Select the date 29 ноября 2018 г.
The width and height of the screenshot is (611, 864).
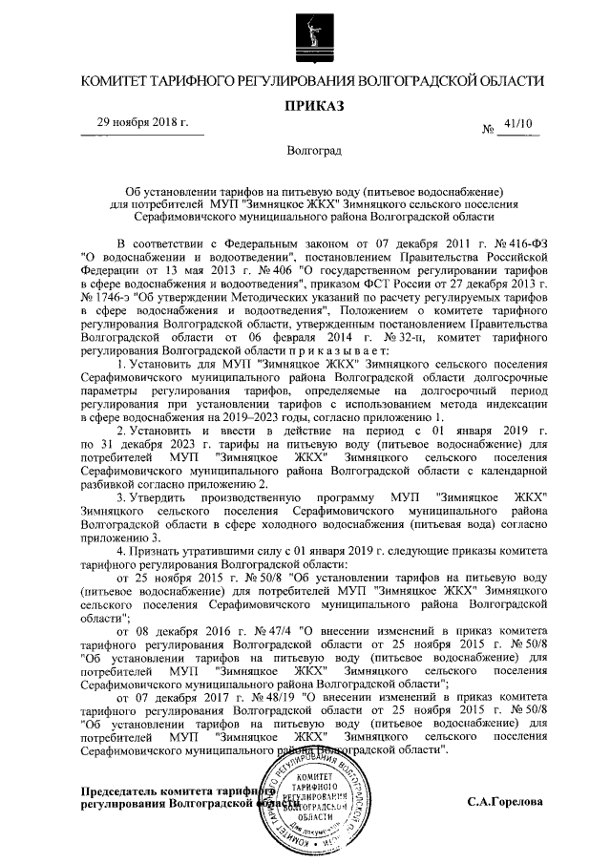pyautogui.click(x=142, y=123)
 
